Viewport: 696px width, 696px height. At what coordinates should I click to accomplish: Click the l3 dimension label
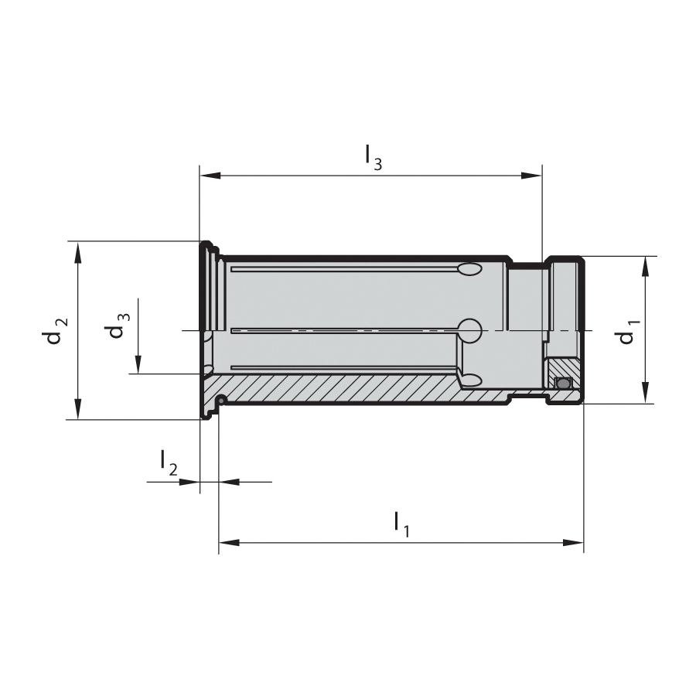pyautogui.click(x=374, y=158)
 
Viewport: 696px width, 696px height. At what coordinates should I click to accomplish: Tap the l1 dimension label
pyautogui.click(x=402, y=524)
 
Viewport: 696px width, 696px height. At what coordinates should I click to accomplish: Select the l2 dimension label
pyautogui.click(x=169, y=462)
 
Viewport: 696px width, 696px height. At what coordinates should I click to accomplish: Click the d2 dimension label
pyautogui.click(x=57, y=332)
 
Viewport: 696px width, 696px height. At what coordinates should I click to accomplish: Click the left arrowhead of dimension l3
pyautogui.click(x=210, y=176)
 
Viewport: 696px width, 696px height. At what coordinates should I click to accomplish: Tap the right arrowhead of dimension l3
pyautogui.click(x=531, y=176)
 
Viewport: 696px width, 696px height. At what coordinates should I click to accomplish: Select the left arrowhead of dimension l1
pyautogui.click(x=229, y=542)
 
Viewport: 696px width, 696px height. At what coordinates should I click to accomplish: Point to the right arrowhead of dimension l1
pyautogui.click(x=573, y=542)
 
